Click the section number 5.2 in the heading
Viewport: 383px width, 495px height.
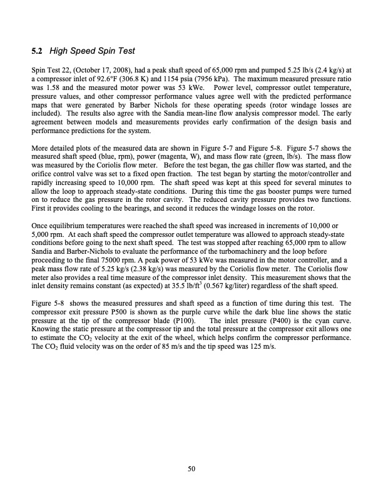[37, 51]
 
